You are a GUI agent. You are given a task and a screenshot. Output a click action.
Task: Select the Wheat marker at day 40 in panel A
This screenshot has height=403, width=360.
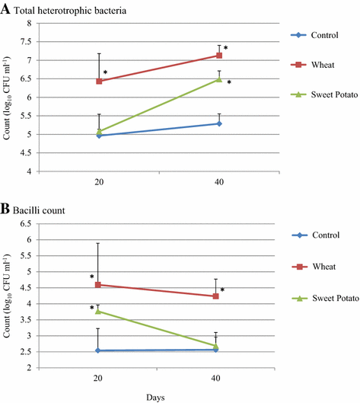click(x=219, y=55)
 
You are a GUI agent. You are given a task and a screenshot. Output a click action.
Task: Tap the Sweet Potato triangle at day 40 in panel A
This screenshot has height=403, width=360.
click(x=219, y=78)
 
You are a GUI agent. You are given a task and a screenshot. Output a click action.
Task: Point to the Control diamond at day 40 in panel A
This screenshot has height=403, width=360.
click(x=219, y=123)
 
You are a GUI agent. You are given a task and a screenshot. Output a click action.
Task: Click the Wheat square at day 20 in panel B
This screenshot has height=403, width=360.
click(x=99, y=284)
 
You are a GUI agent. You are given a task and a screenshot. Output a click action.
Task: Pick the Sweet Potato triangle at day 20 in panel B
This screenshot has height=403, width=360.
click(x=99, y=311)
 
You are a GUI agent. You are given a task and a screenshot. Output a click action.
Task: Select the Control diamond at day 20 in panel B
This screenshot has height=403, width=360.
click(x=99, y=350)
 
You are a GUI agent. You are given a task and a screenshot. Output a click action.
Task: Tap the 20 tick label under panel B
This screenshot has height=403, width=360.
click(x=99, y=379)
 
